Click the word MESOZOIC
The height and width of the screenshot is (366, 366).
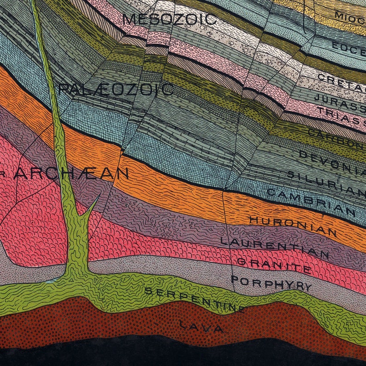170,19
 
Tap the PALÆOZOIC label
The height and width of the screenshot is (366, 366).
116,89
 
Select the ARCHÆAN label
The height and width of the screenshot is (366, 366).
71,173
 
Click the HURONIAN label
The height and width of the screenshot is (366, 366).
293,226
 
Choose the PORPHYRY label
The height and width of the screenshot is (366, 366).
271,283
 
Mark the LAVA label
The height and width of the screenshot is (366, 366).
201,327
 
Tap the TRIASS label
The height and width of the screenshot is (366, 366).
346,116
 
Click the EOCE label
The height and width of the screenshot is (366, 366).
348,47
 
